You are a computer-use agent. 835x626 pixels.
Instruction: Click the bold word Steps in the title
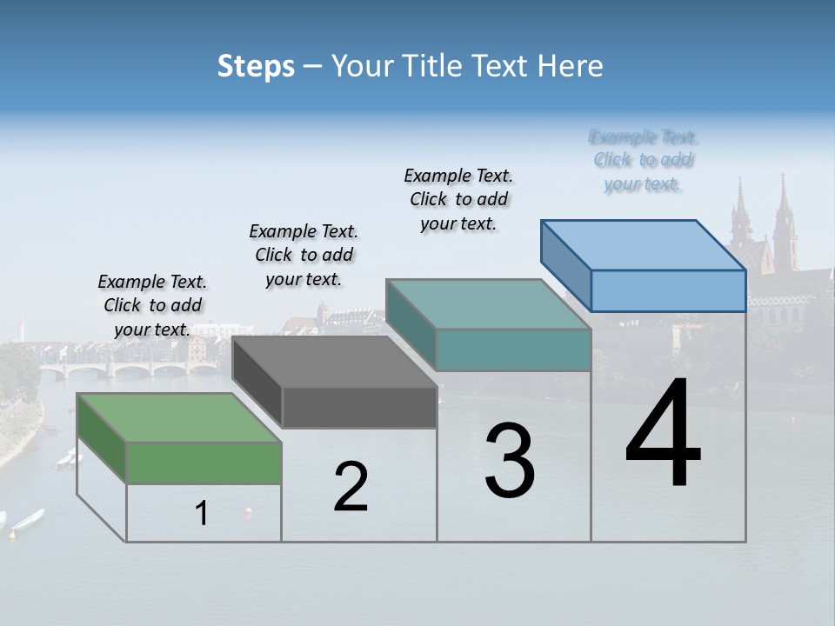point(256,66)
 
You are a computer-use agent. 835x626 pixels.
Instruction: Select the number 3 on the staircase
point(509,461)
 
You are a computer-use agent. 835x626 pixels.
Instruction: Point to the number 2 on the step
point(351,487)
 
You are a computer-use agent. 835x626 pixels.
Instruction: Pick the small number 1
point(202,514)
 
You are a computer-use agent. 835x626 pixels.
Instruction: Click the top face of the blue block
point(644,245)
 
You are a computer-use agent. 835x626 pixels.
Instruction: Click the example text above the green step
point(152,305)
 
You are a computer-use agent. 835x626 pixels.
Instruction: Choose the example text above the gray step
point(304,255)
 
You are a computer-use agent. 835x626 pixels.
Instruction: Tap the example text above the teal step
point(458,199)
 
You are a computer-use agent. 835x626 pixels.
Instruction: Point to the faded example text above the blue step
point(644,160)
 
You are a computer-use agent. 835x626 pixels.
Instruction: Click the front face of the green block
point(204,462)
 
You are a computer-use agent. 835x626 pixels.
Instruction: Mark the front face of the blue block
point(668,290)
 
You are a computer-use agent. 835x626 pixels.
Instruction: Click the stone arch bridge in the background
point(130,370)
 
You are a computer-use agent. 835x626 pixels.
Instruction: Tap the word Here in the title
point(571,66)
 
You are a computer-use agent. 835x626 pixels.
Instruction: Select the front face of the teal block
point(513,350)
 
